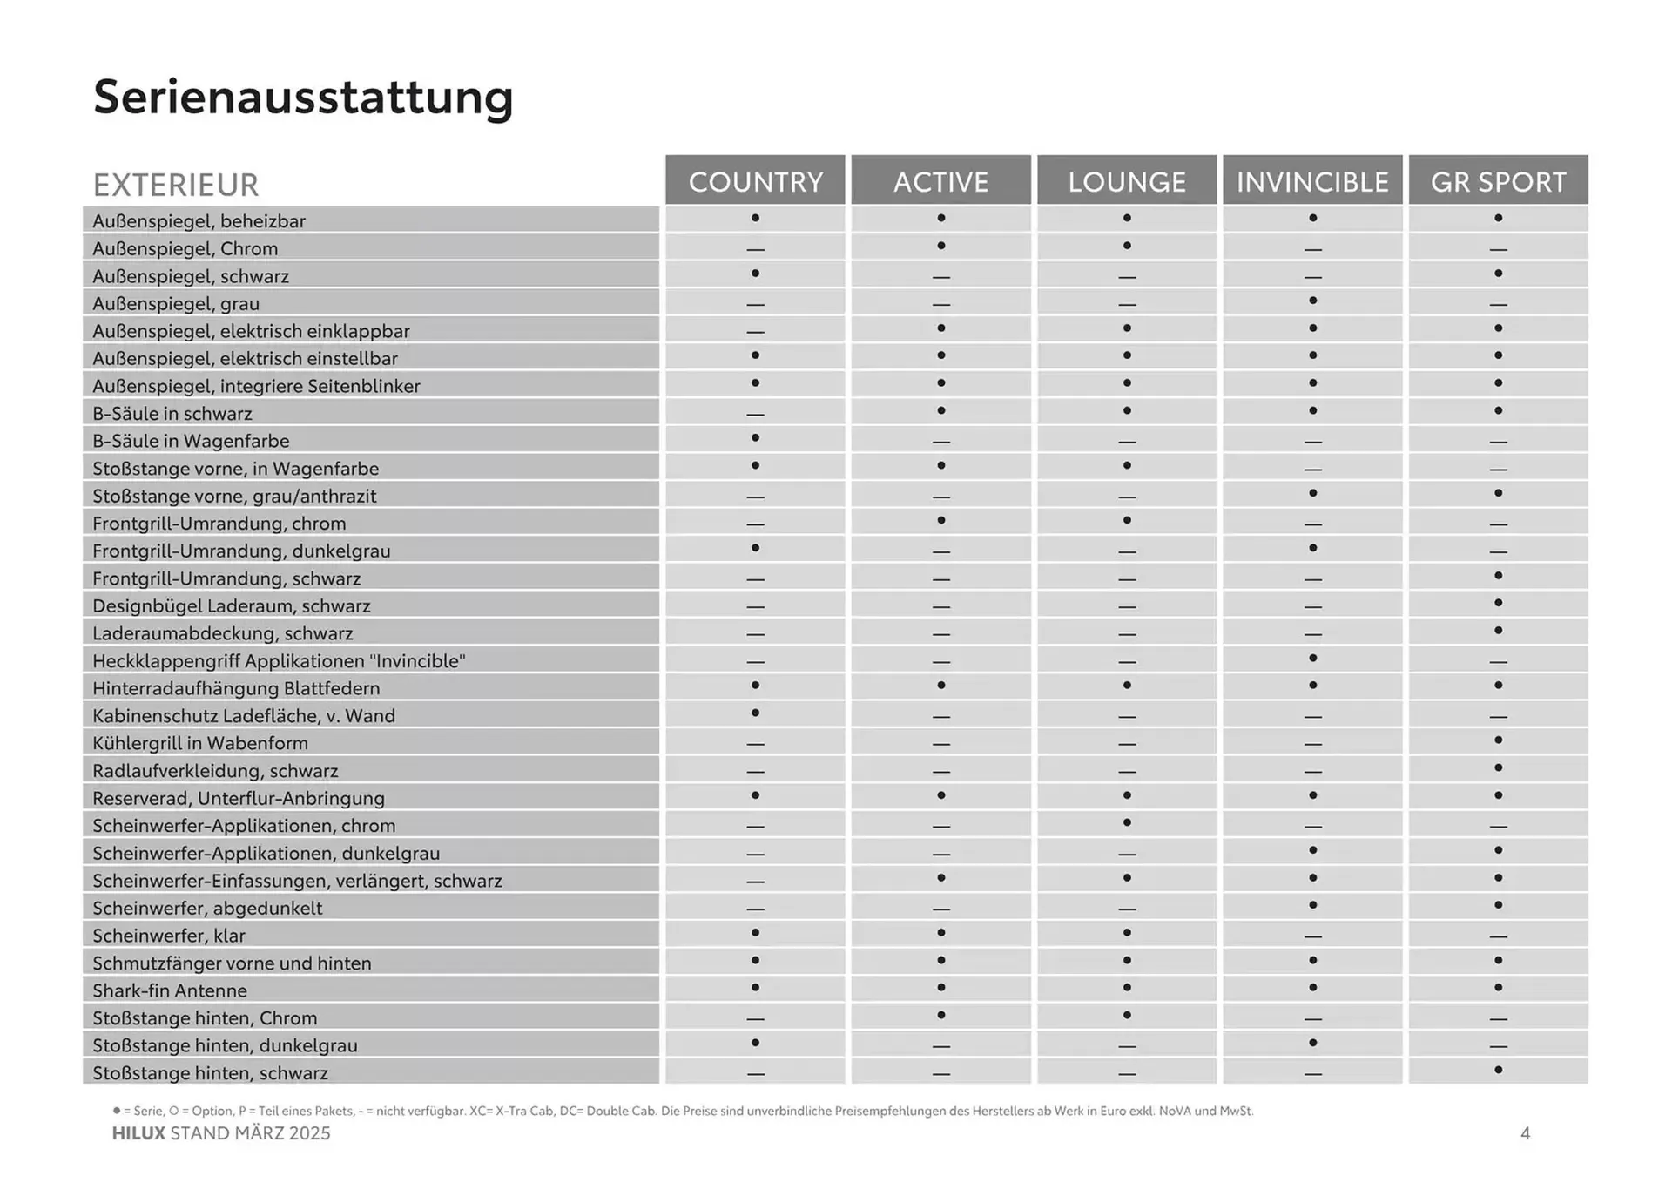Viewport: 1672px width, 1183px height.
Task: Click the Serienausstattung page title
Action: tap(303, 97)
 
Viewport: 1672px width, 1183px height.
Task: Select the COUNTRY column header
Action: tap(755, 181)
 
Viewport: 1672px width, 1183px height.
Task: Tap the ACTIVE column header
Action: tap(940, 181)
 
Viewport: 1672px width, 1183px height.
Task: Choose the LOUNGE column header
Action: tap(1127, 181)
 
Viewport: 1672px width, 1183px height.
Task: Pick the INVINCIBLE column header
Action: tap(1312, 181)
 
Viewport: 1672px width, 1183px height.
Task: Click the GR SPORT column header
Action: tap(1498, 181)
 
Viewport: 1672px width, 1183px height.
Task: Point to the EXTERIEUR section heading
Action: tap(176, 185)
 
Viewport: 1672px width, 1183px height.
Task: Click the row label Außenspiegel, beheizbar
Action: tap(199, 221)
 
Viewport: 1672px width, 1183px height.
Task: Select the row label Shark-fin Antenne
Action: tap(170, 990)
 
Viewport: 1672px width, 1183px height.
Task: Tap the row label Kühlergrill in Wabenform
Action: tap(200, 743)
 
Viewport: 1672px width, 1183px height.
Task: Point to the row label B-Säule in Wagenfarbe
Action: tap(191, 441)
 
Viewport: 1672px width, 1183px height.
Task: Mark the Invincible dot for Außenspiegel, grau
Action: tap(1312, 301)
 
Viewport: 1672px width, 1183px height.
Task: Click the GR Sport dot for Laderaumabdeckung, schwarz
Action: tap(1498, 630)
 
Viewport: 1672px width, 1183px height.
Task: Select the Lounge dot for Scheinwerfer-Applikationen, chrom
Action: tap(1127, 822)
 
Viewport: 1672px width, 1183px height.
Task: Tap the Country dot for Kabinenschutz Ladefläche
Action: tap(755, 713)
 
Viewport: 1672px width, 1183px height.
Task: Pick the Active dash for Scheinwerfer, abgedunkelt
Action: tap(940, 909)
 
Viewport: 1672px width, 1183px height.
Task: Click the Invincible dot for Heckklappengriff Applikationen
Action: tap(1312, 658)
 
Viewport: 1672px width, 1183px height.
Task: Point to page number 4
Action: tap(1525, 1133)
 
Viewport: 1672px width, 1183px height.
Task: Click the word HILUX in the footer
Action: tap(138, 1133)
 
